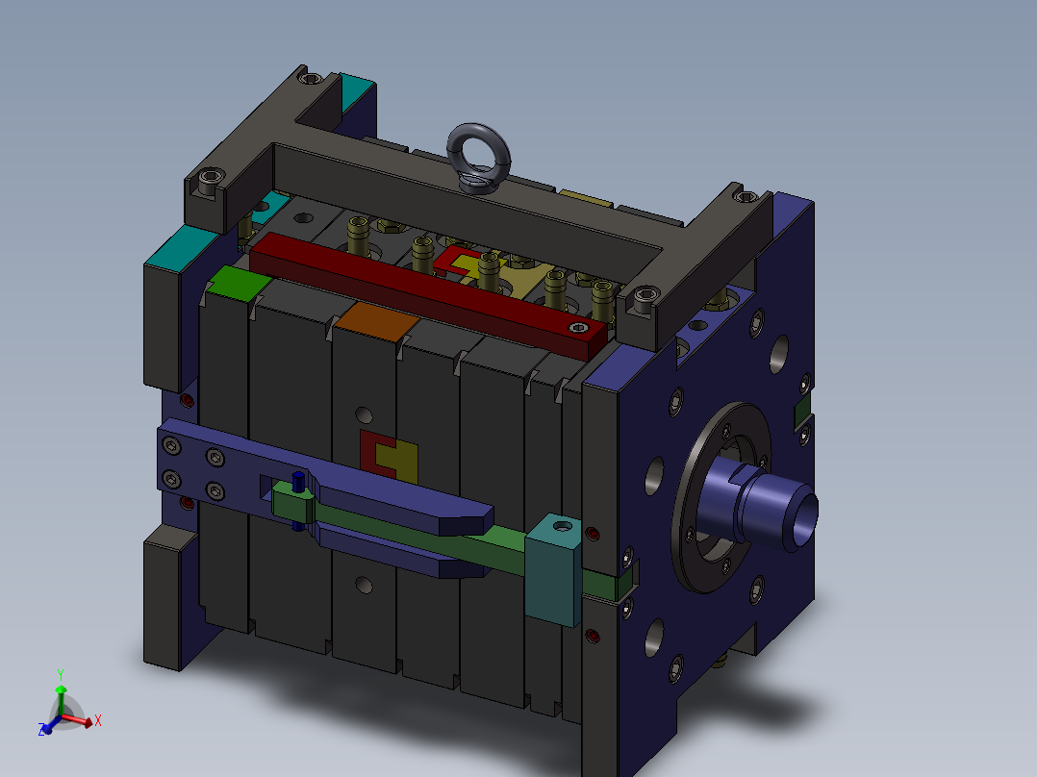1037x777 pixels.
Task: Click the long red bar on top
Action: point(429,292)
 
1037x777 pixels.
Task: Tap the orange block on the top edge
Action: point(376,321)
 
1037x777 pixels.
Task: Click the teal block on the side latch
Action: point(553,568)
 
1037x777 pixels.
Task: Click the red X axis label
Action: point(98,720)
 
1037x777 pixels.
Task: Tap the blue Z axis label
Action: point(41,729)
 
